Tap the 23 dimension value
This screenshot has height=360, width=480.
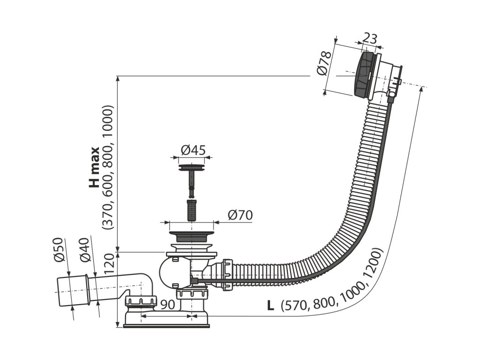coord(370,38)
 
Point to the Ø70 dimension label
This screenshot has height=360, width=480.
coord(240,215)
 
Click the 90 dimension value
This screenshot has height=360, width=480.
coord(167,304)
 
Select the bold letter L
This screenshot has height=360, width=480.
coord(270,305)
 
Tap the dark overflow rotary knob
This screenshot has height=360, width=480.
coord(364,75)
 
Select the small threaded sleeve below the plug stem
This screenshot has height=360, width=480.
coord(191,210)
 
